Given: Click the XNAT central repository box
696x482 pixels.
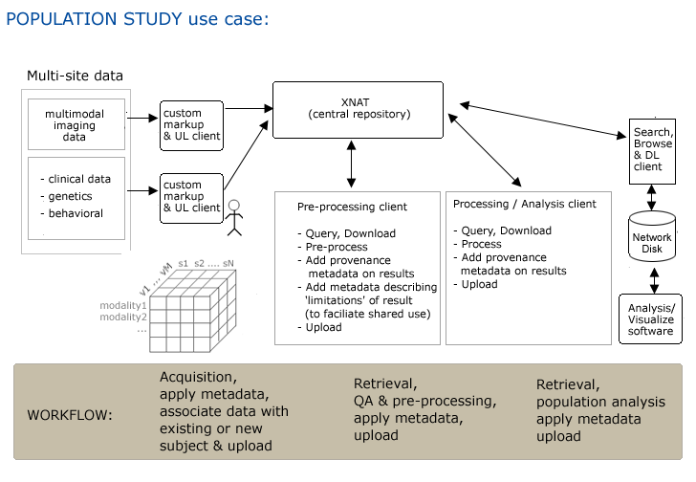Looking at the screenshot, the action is click(358, 110).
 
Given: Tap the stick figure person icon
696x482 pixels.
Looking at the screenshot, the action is click(234, 217).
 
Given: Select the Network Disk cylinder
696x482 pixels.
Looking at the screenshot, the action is click(652, 236).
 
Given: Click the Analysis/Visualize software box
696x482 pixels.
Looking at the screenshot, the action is click(650, 319).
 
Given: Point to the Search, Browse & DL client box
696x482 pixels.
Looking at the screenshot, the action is click(652, 151).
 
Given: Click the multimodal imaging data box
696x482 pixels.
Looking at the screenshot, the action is click(76, 124).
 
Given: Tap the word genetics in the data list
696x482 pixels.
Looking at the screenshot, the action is click(70, 196).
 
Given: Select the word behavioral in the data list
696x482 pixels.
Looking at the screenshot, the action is click(76, 213).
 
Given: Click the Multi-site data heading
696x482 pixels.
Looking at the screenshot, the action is click(75, 76).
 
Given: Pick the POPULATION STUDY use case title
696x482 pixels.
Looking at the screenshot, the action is click(138, 19).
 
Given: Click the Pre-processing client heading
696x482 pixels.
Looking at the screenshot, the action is click(352, 207).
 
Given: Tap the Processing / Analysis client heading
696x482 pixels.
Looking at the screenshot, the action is click(525, 204).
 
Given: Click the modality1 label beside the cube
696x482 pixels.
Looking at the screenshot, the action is click(123, 305).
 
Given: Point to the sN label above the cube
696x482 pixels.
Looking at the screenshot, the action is click(228, 263).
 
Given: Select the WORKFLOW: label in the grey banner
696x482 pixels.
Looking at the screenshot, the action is click(70, 415).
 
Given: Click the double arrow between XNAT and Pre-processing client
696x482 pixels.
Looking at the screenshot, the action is click(351, 164).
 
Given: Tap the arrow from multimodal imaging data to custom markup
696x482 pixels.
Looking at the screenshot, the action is click(142, 118).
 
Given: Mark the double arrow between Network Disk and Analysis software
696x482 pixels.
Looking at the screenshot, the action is click(654, 280).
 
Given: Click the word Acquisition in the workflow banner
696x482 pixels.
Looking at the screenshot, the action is click(196, 377).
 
